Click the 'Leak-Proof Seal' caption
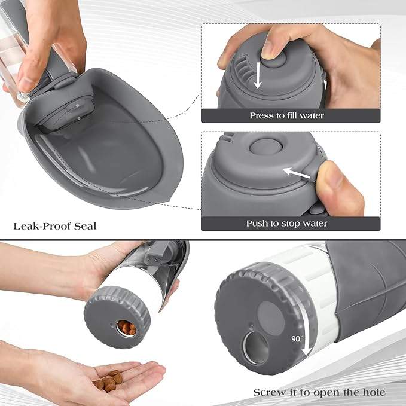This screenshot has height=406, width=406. click(x=54, y=226)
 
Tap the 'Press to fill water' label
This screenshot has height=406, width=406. click(x=286, y=115)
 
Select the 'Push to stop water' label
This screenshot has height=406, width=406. click(x=286, y=224)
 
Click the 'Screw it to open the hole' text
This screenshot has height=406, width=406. click(x=319, y=392)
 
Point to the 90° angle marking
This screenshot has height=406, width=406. click(x=297, y=338)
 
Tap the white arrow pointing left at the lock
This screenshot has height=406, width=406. click(x=292, y=173)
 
